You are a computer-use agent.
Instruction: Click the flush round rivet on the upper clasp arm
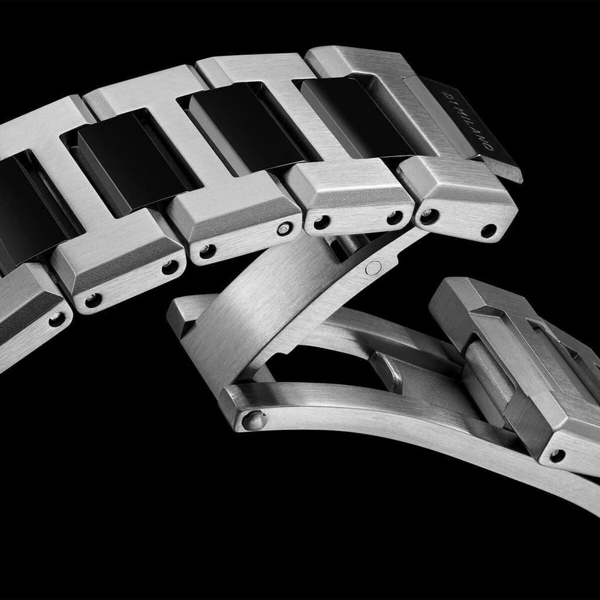(373, 268)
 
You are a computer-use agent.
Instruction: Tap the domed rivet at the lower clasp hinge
(254, 420)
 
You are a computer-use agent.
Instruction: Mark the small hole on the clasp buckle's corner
(557, 455)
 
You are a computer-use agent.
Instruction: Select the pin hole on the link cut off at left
(57, 319)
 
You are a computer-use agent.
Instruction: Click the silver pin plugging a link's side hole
(285, 229)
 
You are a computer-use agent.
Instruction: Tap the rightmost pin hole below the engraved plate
(488, 231)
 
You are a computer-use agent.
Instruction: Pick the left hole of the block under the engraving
(428, 217)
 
